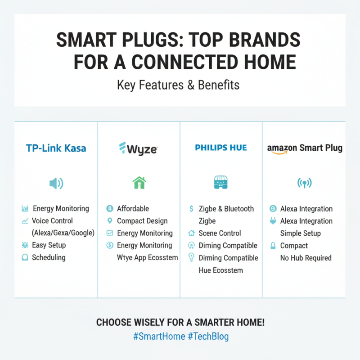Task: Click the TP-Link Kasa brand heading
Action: [56, 148]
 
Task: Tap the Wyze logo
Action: [138, 148]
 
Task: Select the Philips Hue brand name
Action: [221, 148]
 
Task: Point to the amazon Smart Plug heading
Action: [304, 148]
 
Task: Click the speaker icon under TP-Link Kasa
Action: [56, 183]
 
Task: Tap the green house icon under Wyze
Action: [139, 183]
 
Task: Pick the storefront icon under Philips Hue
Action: [221, 183]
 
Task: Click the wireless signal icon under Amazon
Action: [304, 183]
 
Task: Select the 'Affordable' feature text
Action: [133, 209]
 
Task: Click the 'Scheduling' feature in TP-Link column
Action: [49, 257]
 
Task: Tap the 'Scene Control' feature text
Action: [220, 233]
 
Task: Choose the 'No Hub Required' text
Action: [306, 258]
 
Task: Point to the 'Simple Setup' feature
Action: [300, 233]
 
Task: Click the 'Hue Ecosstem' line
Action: [220, 270]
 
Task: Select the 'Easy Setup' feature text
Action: [49, 245]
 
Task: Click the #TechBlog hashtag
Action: [208, 337]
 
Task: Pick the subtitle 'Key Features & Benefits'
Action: [178, 85]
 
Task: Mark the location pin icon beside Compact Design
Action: [109, 221]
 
